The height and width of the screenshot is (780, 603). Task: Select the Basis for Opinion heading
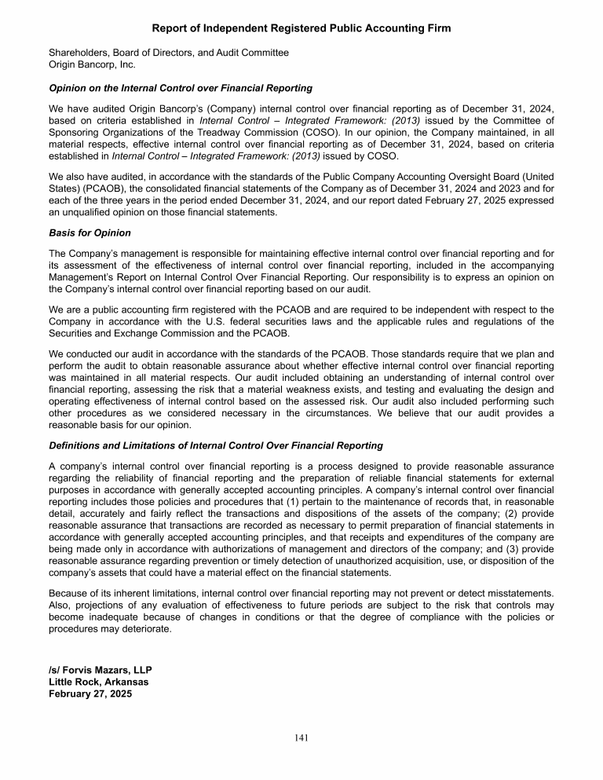[x=90, y=233]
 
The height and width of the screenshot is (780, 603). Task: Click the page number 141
[x=301, y=738]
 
